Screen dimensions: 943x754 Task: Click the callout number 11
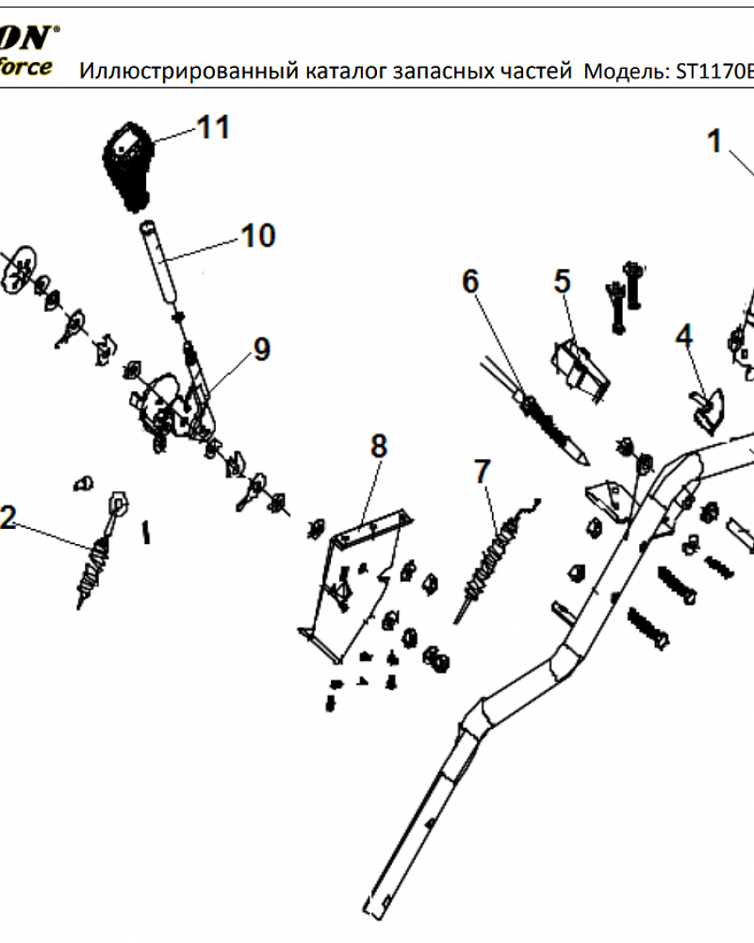(x=213, y=127)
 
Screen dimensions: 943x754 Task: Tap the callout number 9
(x=261, y=349)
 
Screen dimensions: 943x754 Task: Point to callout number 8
(x=378, y=446)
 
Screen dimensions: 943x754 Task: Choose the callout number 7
(x=483, y=470)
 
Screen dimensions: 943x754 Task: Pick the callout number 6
(x=470, y=280)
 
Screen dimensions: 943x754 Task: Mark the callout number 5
(x=563, y=281)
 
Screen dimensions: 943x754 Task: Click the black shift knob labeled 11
(x=127, y=165)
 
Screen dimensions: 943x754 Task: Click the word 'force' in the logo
(x=25, y=68)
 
